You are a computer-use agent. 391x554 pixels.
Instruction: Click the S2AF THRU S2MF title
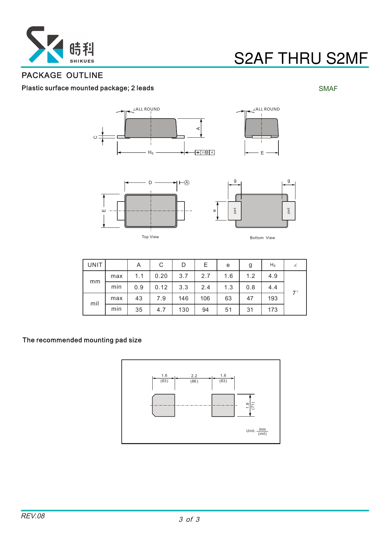[x=301, y=58]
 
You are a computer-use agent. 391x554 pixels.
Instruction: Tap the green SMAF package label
[x=328, y=89]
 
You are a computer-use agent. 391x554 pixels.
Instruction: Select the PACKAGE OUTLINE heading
[x=62, y=75]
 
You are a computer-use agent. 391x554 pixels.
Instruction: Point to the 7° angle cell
[x=295, y=293]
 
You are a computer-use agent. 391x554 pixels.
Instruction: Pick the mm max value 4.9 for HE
[x=273, y=276]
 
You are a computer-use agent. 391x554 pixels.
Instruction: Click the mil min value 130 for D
[x=184, y=310]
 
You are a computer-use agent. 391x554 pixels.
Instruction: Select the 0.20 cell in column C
[x=161, y=276]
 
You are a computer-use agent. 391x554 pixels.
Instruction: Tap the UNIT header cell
[x=95, y=265]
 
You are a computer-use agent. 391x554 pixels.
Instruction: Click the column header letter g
[x=250, y=265]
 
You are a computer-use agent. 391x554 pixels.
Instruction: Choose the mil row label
[x=95, y=304]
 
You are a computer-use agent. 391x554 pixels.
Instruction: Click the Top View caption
[x=150, y=237]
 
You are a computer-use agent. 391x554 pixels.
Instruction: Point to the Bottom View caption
[x=262, y=238]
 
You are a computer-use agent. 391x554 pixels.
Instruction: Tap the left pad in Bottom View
[x=235, y=211]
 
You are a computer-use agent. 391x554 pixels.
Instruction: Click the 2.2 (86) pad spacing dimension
[x=194, y=378]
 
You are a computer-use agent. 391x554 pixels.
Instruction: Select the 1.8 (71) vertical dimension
[x=250, y=405]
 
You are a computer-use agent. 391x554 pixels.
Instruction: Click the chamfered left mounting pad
[x=164, y=405]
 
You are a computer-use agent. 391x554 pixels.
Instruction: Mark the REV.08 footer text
[x=33, y=516]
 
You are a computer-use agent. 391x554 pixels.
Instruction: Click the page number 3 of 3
[x=189, y=520]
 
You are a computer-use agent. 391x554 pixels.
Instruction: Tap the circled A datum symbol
[x=187, y=183]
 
